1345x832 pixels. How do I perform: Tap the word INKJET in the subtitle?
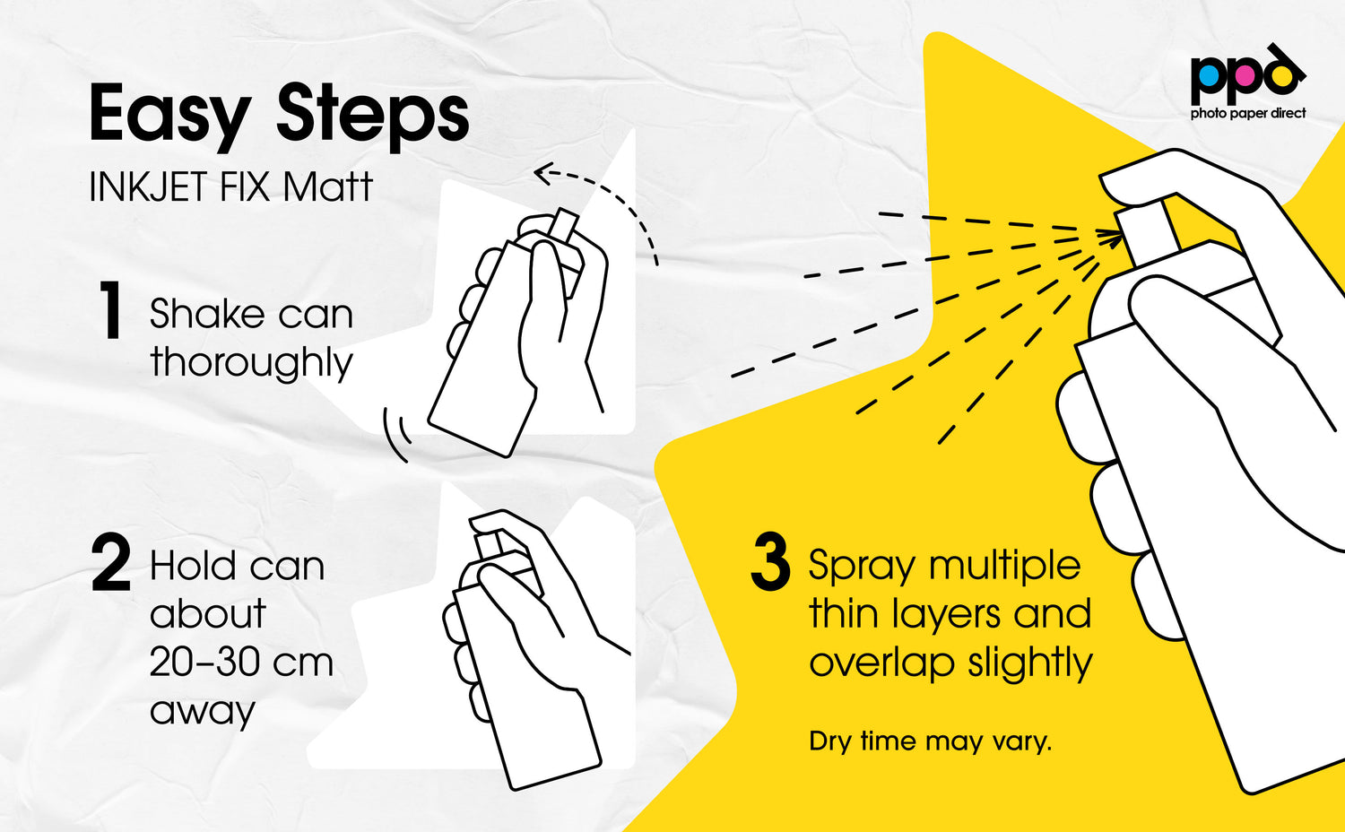[x=149, y=186]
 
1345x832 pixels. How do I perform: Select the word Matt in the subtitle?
[x=328, y=186]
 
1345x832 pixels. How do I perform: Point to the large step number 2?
[x=111, y=563]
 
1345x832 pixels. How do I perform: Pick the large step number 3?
[x=770, y=562]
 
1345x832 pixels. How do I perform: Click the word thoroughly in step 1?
[x=251, y=363]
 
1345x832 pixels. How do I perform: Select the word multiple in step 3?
[x=1003, y=566]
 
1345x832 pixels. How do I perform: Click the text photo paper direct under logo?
[x=1248, y=113]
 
